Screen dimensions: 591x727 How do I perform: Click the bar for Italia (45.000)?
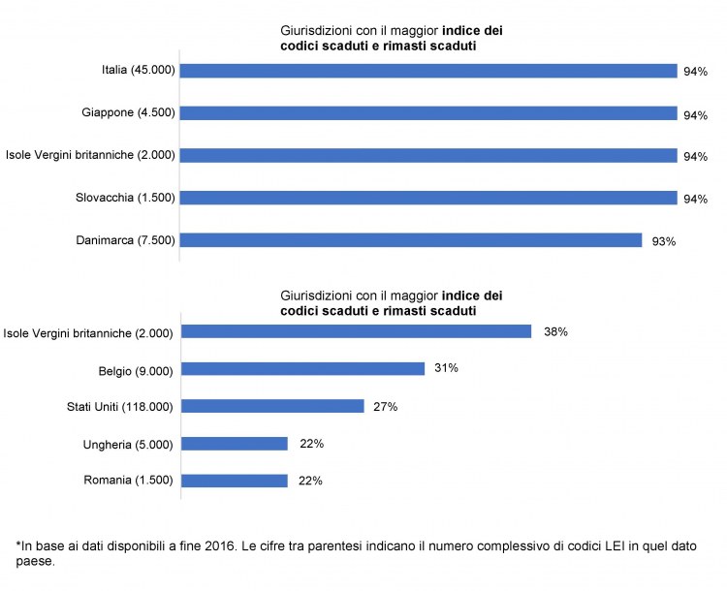(x=428, y=70)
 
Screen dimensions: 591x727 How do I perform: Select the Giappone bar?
(x=428, y=112)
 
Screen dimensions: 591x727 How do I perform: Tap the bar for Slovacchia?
(x=428, y=198)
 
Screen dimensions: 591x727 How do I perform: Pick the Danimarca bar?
(x=411, y=240)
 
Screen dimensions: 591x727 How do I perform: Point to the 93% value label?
(x=664, y=241)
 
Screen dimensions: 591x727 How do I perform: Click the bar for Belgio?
(x=303, y=368)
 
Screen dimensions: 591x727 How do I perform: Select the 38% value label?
(x=555, y=331)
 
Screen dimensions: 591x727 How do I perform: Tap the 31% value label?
(x=447, y=368)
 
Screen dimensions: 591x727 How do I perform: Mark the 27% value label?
(x=386, y=406)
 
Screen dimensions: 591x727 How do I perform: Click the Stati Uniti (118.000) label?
(x=114, y=406)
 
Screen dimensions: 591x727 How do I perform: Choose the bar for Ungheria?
(x=235, y=444)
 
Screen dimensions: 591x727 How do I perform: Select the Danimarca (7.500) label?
(x=125, y=240)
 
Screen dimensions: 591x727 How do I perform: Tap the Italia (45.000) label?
(x=138, y=70)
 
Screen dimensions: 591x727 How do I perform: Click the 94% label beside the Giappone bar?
(x=695, y=115)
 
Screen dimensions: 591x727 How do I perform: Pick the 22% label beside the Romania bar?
(x=310, y=481)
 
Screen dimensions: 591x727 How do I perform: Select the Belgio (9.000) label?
(x=135, y=369)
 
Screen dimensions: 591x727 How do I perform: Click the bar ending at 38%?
(x=357, y=331)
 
